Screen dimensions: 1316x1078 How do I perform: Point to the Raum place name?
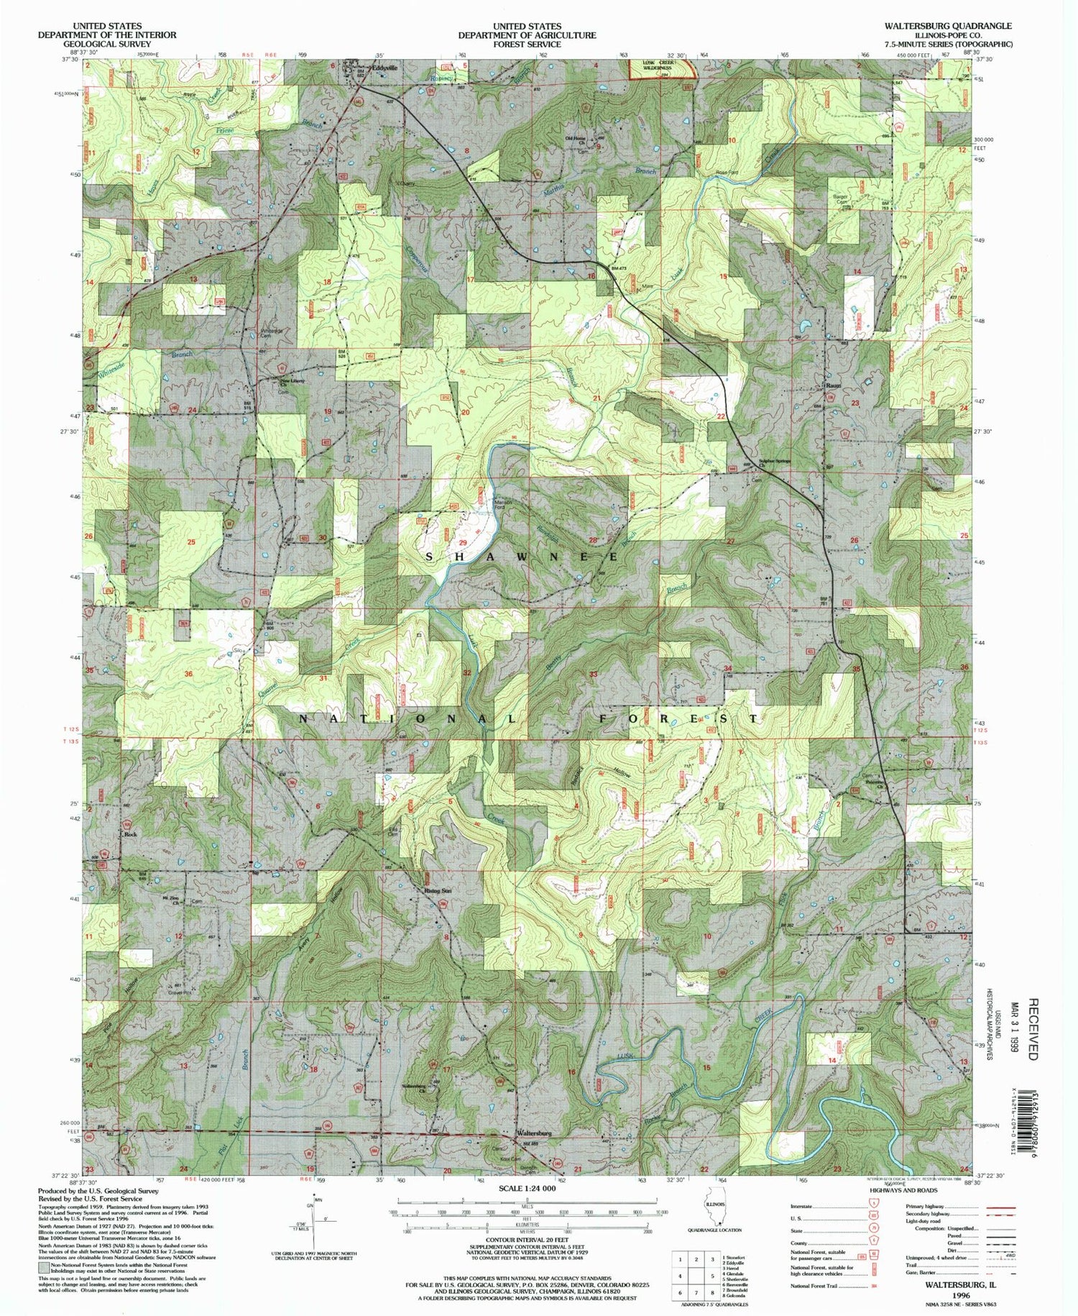pyautogui.click(x=834, y=385)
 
